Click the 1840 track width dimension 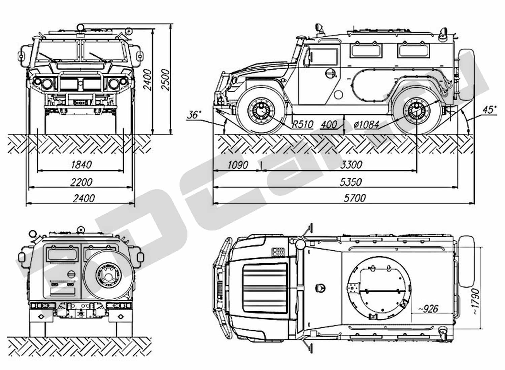pos(81,164)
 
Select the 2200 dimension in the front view pos(81,182)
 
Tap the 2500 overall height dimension pos(165,80)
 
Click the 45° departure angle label pos(489,110)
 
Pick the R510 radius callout pos(303,124)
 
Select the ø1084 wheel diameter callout pos(367,124)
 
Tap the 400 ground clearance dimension pos(329,124)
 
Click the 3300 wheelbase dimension pos(351,164)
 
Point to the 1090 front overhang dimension pos(238,164)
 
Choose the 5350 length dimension pos(350,182)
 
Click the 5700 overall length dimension pos(355,198)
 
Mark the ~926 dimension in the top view pos(428,309)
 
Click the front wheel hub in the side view pos(261,111)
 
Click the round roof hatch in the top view pos(379,288)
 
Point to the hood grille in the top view pos(265,289)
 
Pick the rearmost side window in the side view pos(414,50)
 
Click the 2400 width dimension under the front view pos(83,198)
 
